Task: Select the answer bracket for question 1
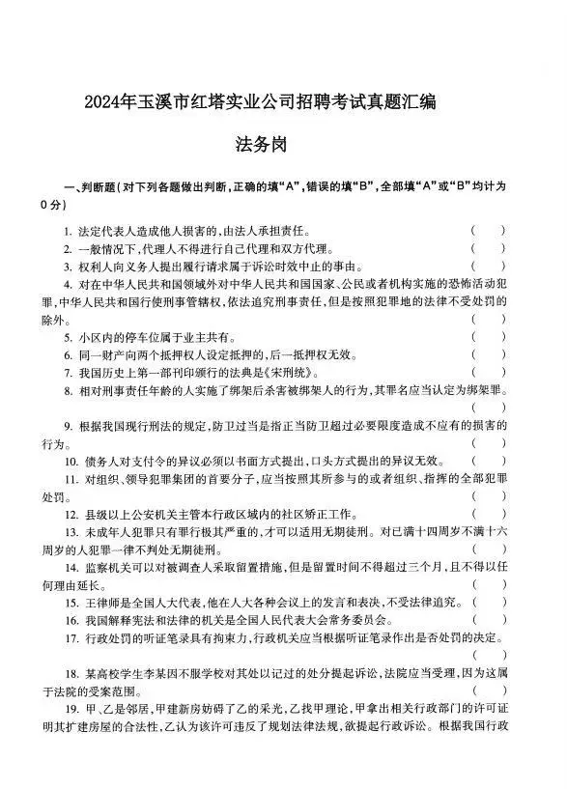click(488, 231)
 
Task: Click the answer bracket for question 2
click(488, 248)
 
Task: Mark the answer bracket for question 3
click(488, 266)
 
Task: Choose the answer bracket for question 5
click(488, 337)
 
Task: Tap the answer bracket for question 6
click(488, 354)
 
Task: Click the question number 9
click(68, 426)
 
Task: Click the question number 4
click(68, 284)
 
